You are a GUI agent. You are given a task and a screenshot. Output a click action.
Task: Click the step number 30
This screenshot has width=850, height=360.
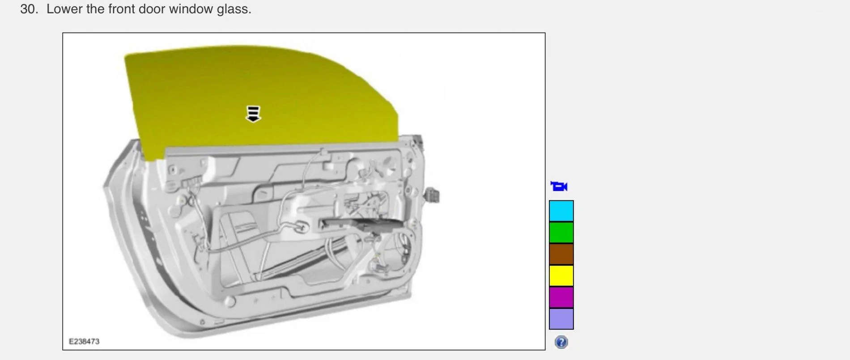click(x=29, y=9)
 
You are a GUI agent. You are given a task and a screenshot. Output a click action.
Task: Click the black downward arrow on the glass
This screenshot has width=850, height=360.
click(x=253, y=114)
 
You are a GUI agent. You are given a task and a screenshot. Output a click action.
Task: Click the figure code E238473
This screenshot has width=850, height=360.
click(x=84, y=341)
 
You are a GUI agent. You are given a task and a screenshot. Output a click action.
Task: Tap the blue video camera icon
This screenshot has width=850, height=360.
click(x=559, y=186)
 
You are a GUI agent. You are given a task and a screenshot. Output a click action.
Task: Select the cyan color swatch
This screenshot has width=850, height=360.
click(x=561, y=211)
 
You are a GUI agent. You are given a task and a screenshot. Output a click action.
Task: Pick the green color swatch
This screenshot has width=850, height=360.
click(x=561, y=233)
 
